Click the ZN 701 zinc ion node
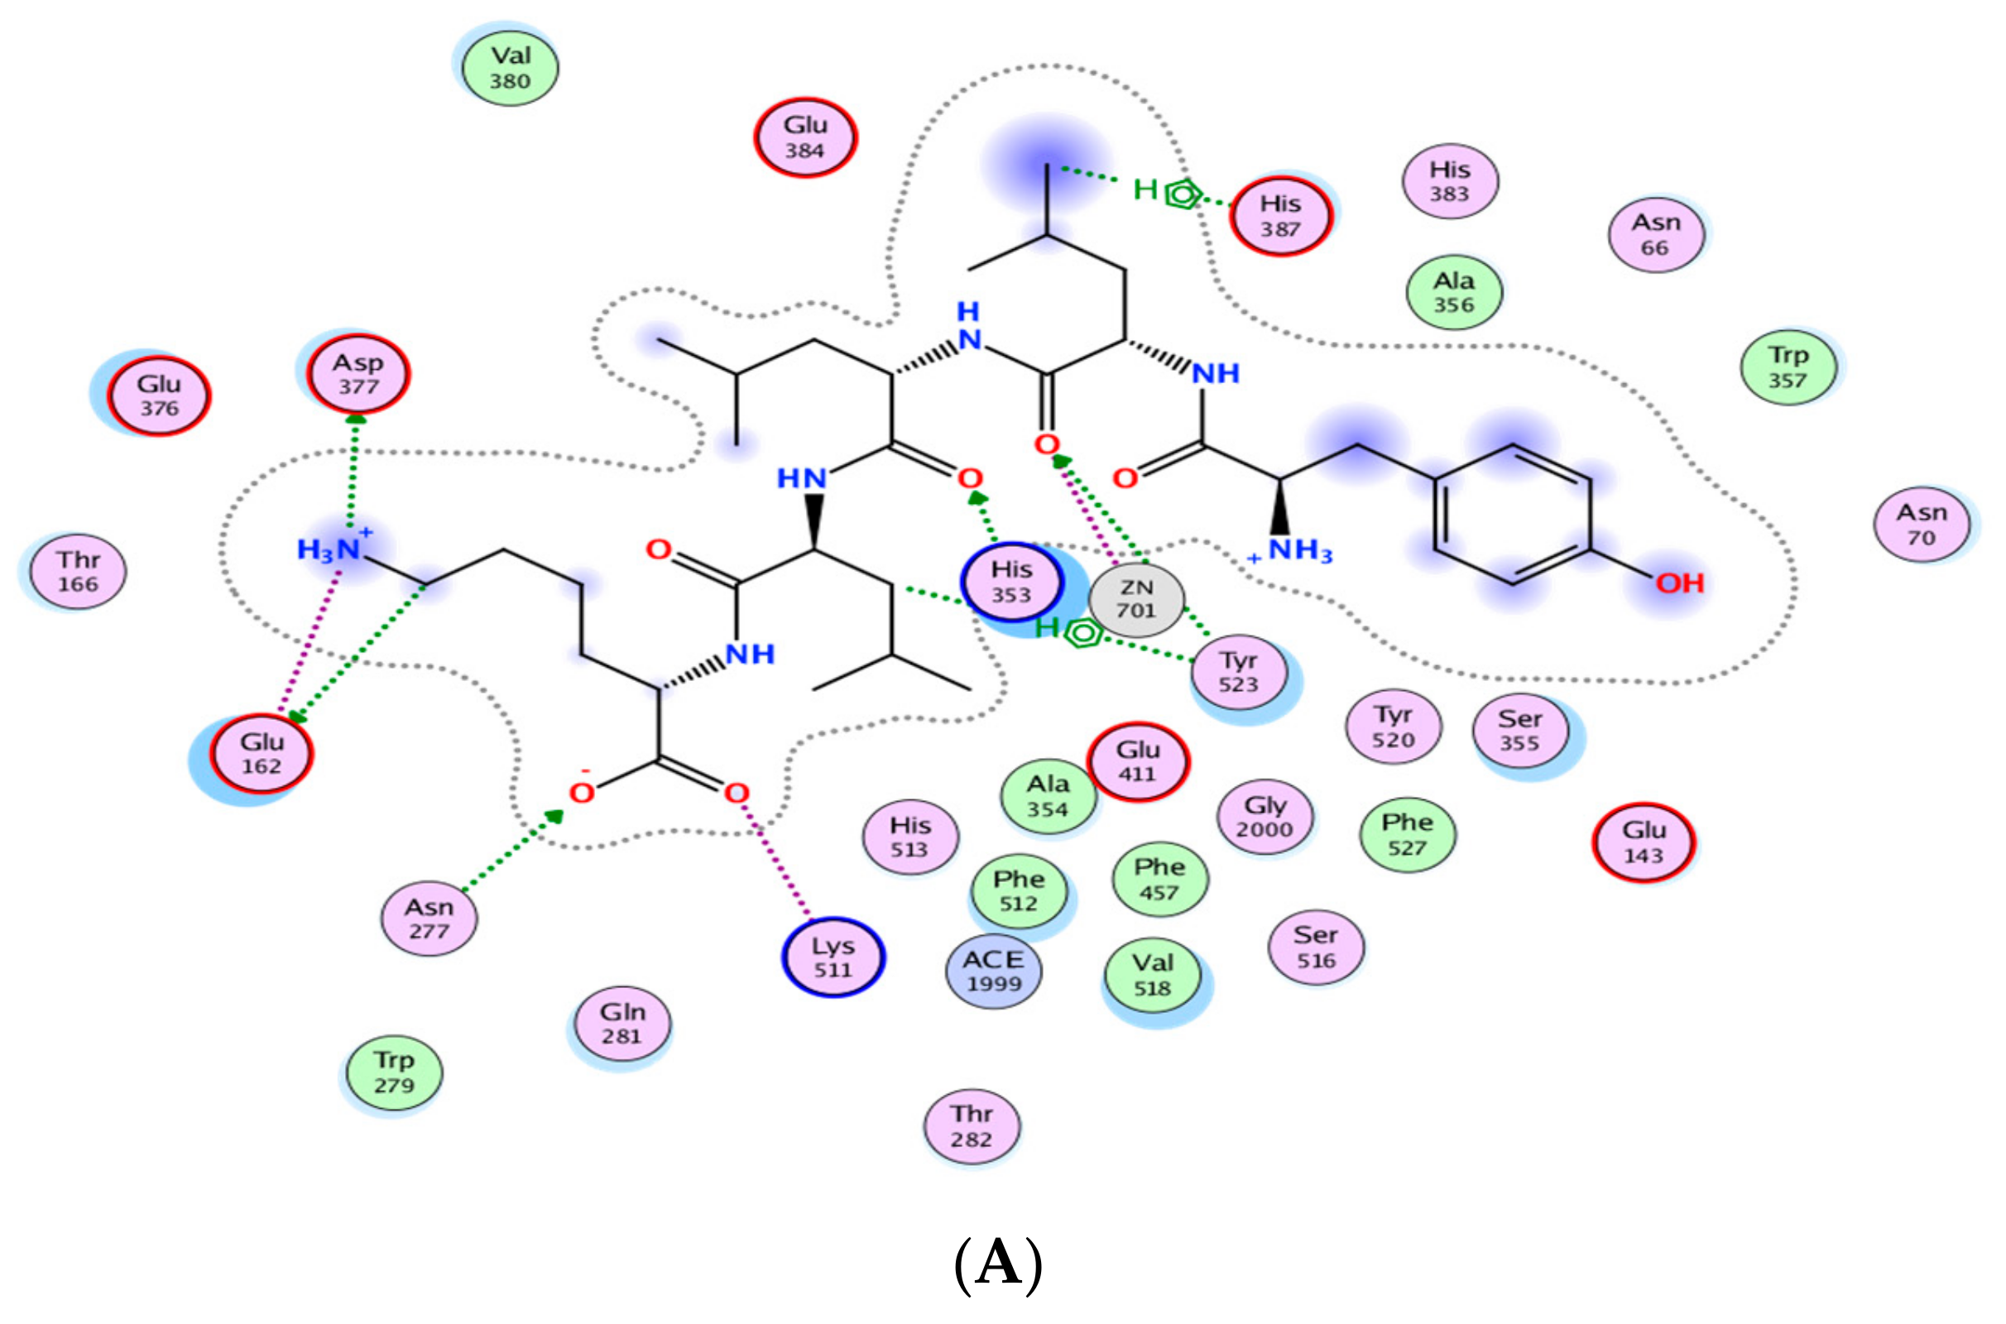(x=1135, y=598)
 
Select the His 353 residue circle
(x=1010, y=582)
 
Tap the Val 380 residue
(x=510, y=68)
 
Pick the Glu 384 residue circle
(x=804, y=137)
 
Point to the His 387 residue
(x=1280, y=216)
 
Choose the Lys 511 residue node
(x=833, y=957)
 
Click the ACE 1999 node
(x=994, y=971)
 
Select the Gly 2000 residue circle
(x=1264, y=817)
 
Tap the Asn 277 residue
(x=429, y=919)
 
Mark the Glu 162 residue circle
(x=262, y=754)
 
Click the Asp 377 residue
(x=359, y=374)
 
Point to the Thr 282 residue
(x=972, y=1126)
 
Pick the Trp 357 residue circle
(x=1788, y=367)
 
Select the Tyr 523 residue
(x=1239, y=672)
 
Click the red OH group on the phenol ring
(x=1678, y=583)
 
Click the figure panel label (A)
(x=998, y=1264)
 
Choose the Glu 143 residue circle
(x=1643, y=842)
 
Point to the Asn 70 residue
(x=1922, y=525)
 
